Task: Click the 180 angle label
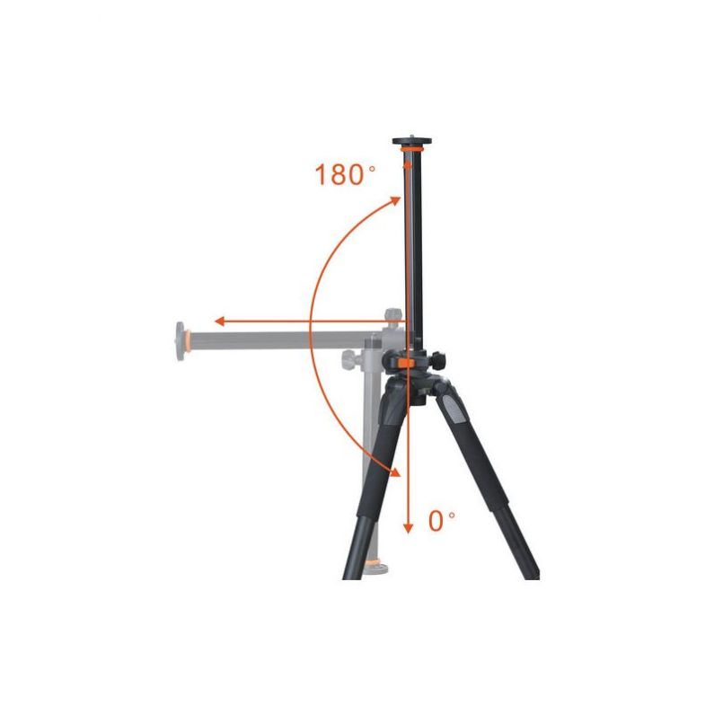coord(339,174)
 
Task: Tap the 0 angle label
coord(436,521)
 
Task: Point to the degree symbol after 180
coord(372,168)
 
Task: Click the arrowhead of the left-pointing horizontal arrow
coord(220,322)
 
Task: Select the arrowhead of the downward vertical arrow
coord(408,527)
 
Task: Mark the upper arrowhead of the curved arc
coord(395,201)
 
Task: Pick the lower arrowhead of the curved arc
coord(394,471)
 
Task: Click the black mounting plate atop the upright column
coord(412,141)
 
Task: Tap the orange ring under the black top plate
coord(412,149)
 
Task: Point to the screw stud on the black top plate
coord(412,136)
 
